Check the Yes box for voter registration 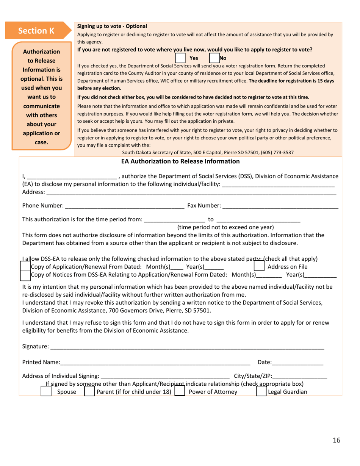(180, 58)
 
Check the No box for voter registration (215, 58)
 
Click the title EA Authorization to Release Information (180, 161)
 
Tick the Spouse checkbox (46, 391)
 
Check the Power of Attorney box (180, 391)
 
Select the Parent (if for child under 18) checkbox (89, 391)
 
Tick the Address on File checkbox (259, 267)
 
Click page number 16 (337, 440)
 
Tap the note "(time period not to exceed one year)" (225, 227)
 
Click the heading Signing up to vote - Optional (112, 26)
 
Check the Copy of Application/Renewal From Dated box (25, 267)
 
